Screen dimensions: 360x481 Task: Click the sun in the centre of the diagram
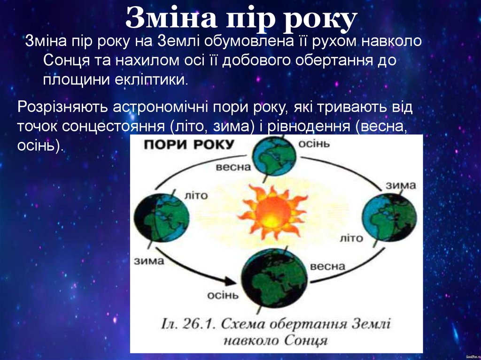(272, 212)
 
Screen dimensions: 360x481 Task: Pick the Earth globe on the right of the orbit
(389, 218)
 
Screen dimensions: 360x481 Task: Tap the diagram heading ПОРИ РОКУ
(187, 145)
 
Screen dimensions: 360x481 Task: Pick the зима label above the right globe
(401, 185)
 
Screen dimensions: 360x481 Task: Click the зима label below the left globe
(149, 260)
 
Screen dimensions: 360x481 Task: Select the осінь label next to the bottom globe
(223, 296)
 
